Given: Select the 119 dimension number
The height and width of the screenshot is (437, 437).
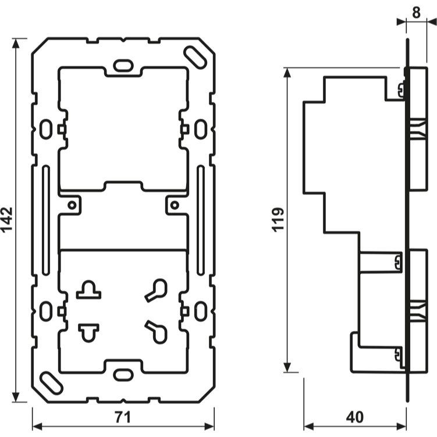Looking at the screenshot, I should click(x=278, y=220).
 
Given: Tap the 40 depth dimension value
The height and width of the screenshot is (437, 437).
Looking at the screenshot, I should click(x=354, y=417).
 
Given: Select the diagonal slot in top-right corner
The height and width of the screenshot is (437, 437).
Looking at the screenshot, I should click(x=195, y=55).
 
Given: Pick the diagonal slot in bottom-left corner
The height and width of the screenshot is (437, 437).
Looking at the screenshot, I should click(x=51, y=384).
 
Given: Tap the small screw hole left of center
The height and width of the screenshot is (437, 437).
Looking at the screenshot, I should click(x=72, y=205).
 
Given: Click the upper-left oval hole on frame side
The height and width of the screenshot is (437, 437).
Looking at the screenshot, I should click(x=45, y=128).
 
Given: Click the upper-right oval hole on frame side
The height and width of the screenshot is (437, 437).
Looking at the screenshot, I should click(x=200, y=128).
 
